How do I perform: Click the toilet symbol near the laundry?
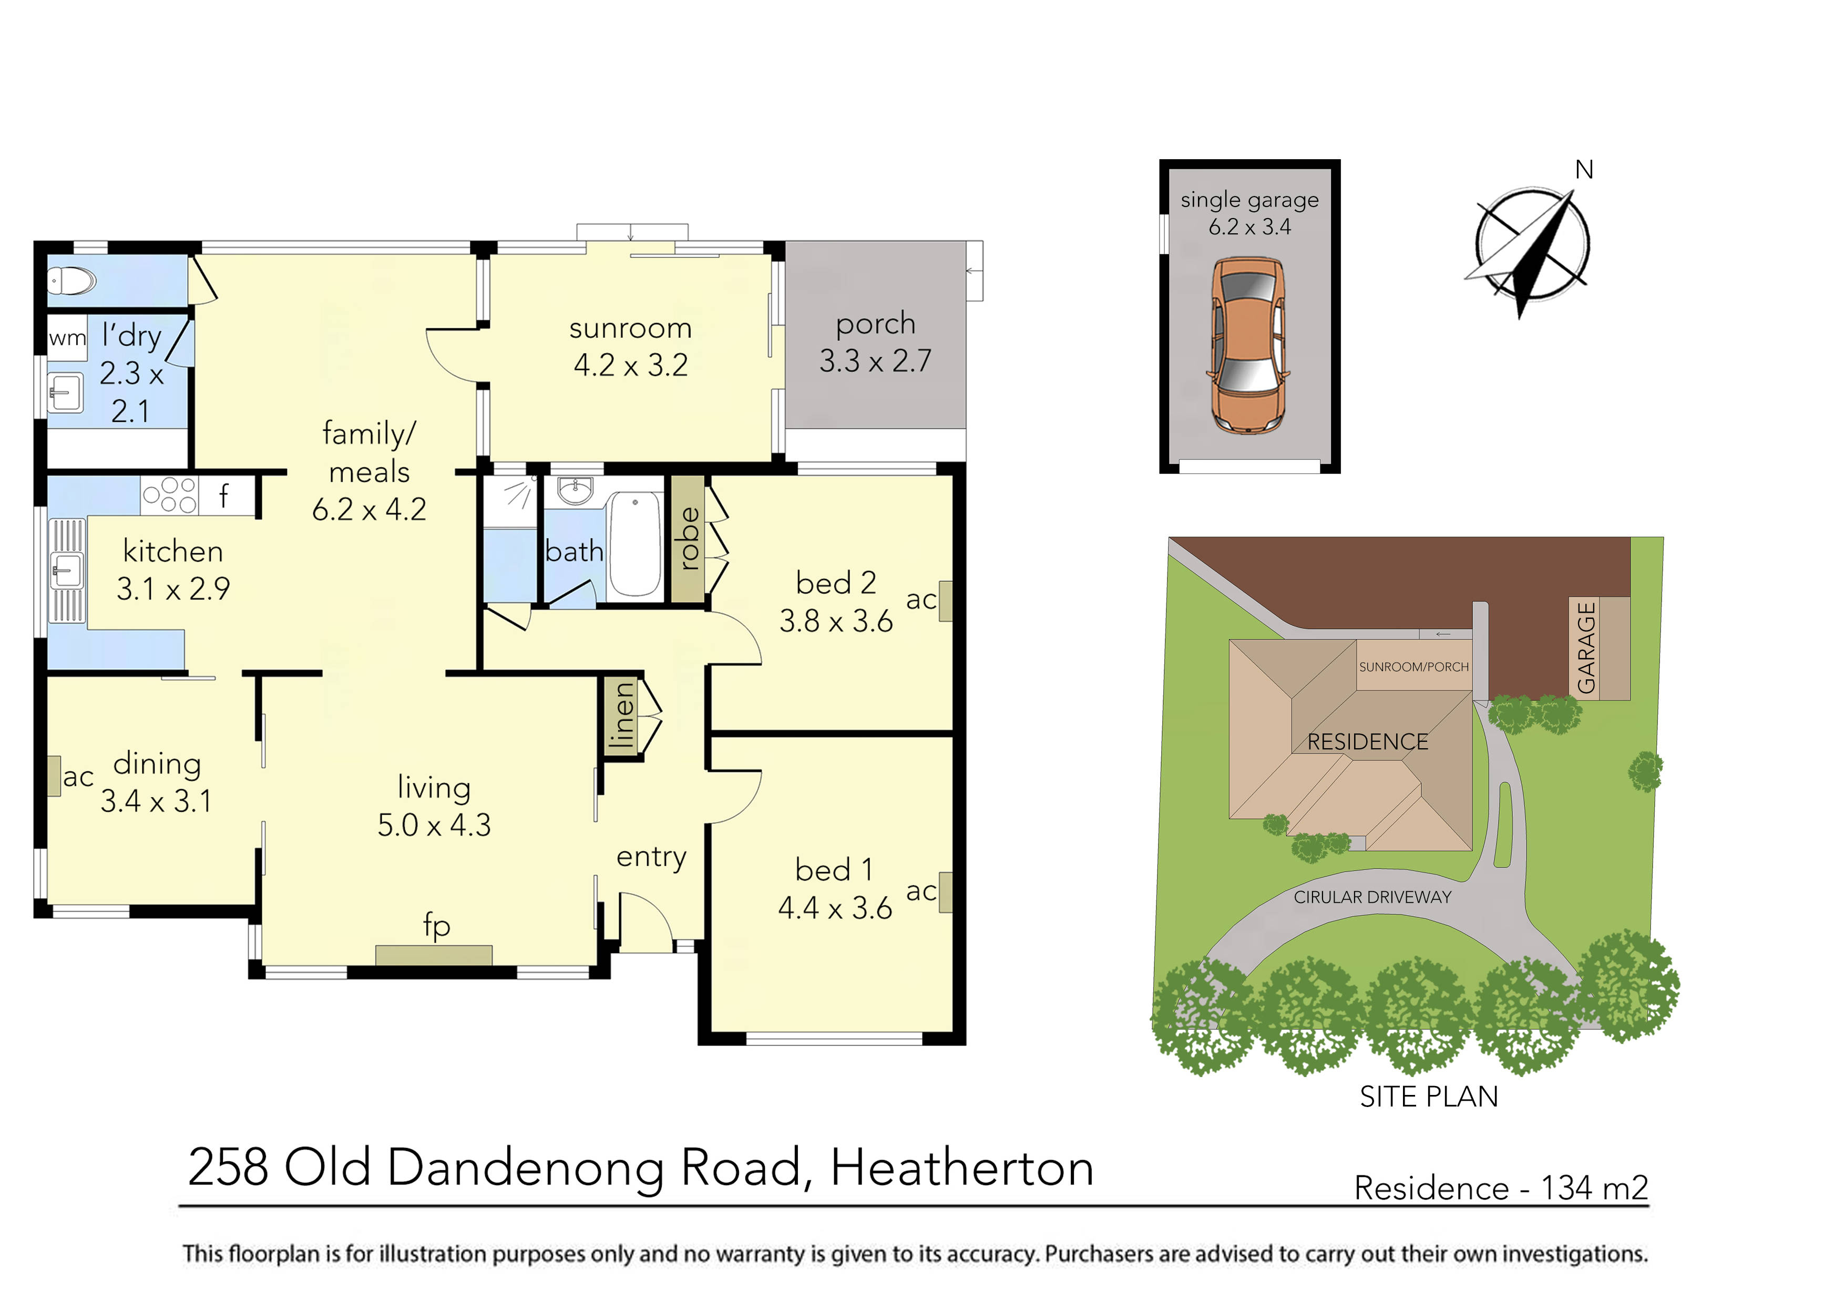coord(71,281)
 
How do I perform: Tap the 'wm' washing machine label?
coord(67,338)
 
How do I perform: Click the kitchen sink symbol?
coord(67,570)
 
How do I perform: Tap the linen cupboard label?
coord(622,715)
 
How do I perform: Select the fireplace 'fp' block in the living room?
coord(434,955)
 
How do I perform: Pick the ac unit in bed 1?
coord(945,892)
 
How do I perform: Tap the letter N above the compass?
coord(1584,170)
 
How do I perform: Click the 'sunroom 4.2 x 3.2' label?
coord(630,347)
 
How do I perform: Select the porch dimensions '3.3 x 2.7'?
coord(875,361)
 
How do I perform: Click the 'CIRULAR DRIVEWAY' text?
coord(1372,897)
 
